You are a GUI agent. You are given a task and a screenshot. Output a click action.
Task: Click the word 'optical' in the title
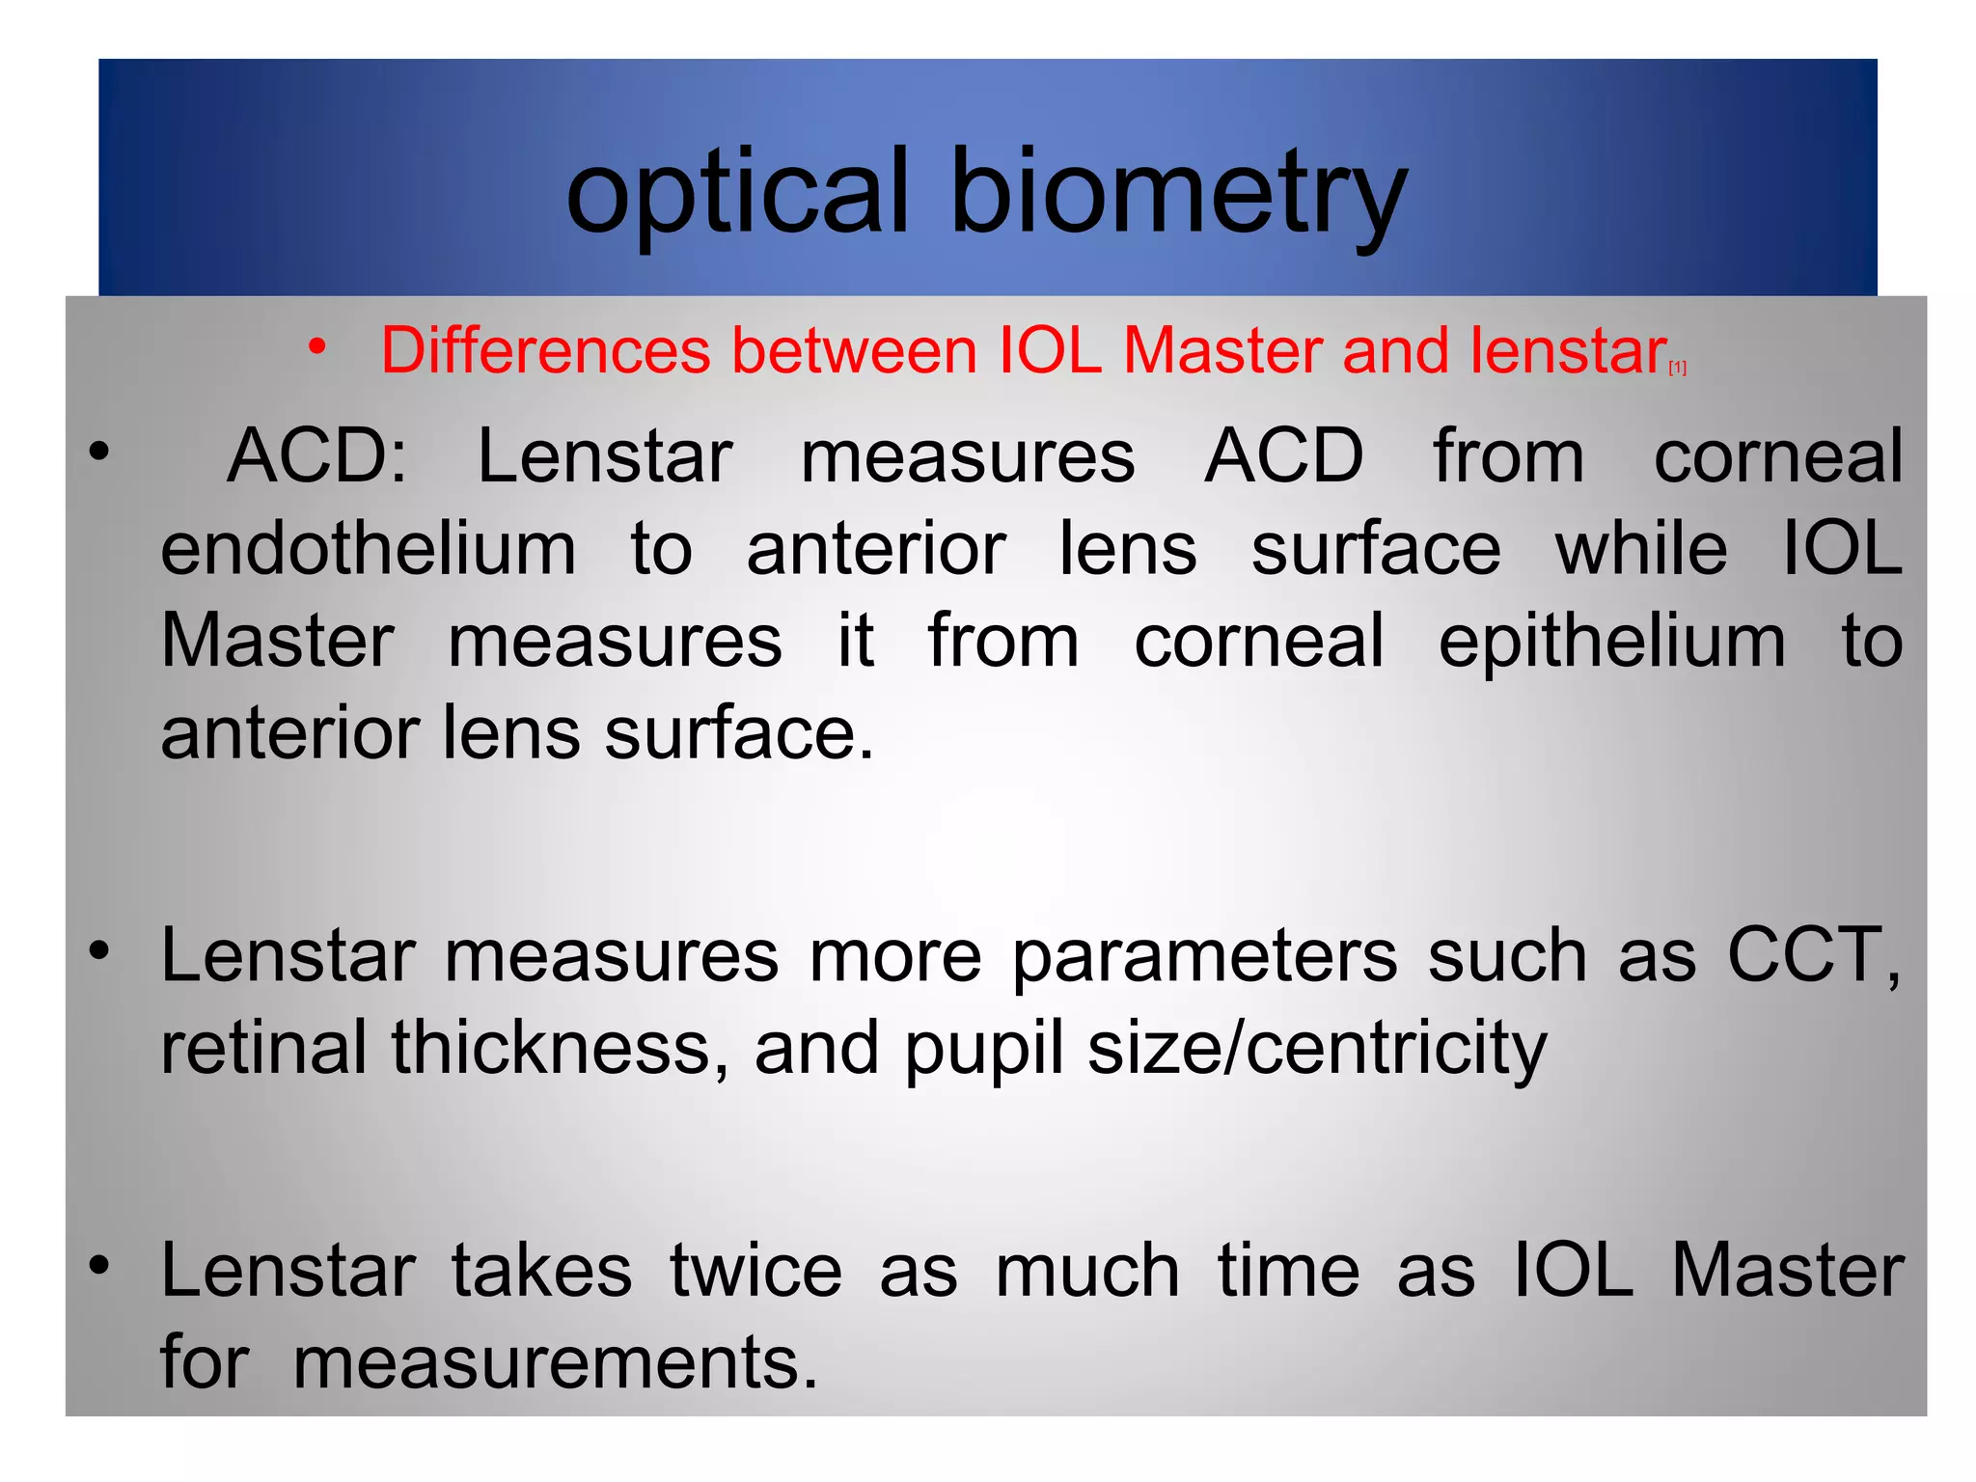tap(737, 193)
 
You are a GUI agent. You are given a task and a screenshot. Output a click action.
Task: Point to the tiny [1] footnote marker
tap(1678, 368)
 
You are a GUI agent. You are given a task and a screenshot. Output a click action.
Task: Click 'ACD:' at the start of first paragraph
tap(316, 456)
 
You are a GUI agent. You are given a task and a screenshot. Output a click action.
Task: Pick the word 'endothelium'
tap(369, 550)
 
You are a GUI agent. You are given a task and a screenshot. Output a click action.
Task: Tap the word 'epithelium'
tap(1612, 643)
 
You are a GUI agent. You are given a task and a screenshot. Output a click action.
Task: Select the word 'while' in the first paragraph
tap(1641, 550)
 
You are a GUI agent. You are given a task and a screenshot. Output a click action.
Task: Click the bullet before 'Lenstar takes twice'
tap(99, 1264)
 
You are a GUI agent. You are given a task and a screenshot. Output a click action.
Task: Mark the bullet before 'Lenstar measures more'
tap(99, 951)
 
